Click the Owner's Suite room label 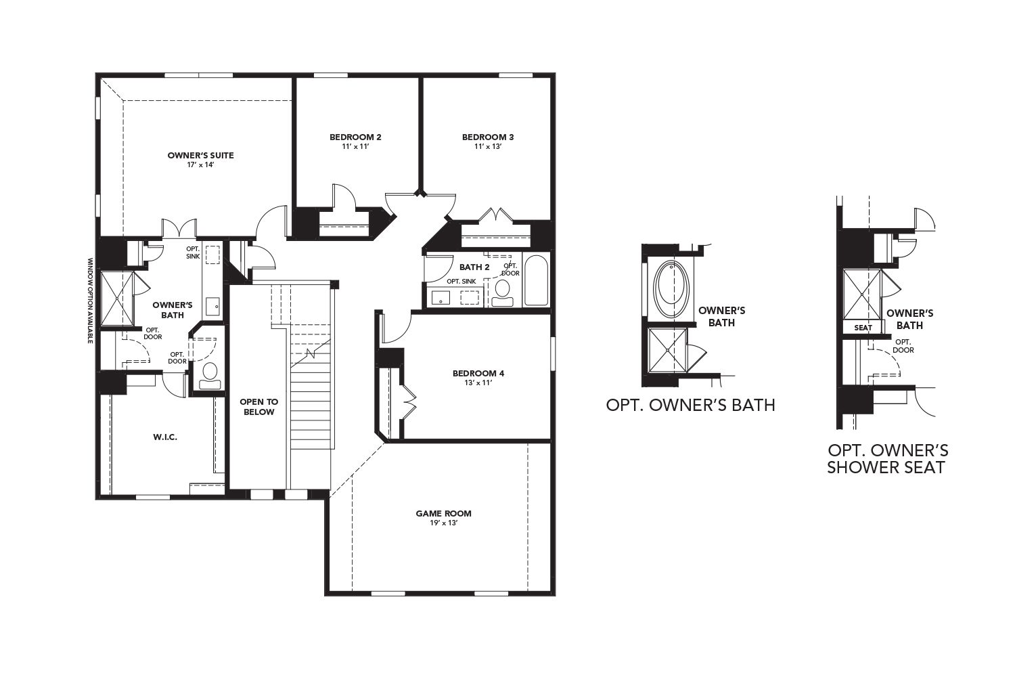pyautogui.click(x=200, y=155)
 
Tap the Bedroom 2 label pyautogui.click(x=355, y=137)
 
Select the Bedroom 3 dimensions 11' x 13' pyautogui.click(x=488, y=146)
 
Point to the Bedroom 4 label pyautogui.click(x=478, y=373)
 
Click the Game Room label pyautogui.click(x=443, y=513)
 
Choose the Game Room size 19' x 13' pyautogui.click(x=443, y=523)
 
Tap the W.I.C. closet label pyautogui.click(x=165, y=437)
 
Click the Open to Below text pyautogui.click(x=258, y=406)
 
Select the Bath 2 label pyautogui.click(x=474, y=267)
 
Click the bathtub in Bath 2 pyautogui.click(x=537, y=280)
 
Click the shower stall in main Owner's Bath pyautogui.click(x=117, y=299)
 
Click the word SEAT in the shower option pyautogui.click(x=863, y=328)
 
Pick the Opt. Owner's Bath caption pyautogui.click(x=690, y=406)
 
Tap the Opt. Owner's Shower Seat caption pyautogui.click(x=887, y=458)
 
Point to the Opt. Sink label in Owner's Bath pyautogui.click(x=192, y=253)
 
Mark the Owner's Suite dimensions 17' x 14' pyautogui.click(x=200, y=165)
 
